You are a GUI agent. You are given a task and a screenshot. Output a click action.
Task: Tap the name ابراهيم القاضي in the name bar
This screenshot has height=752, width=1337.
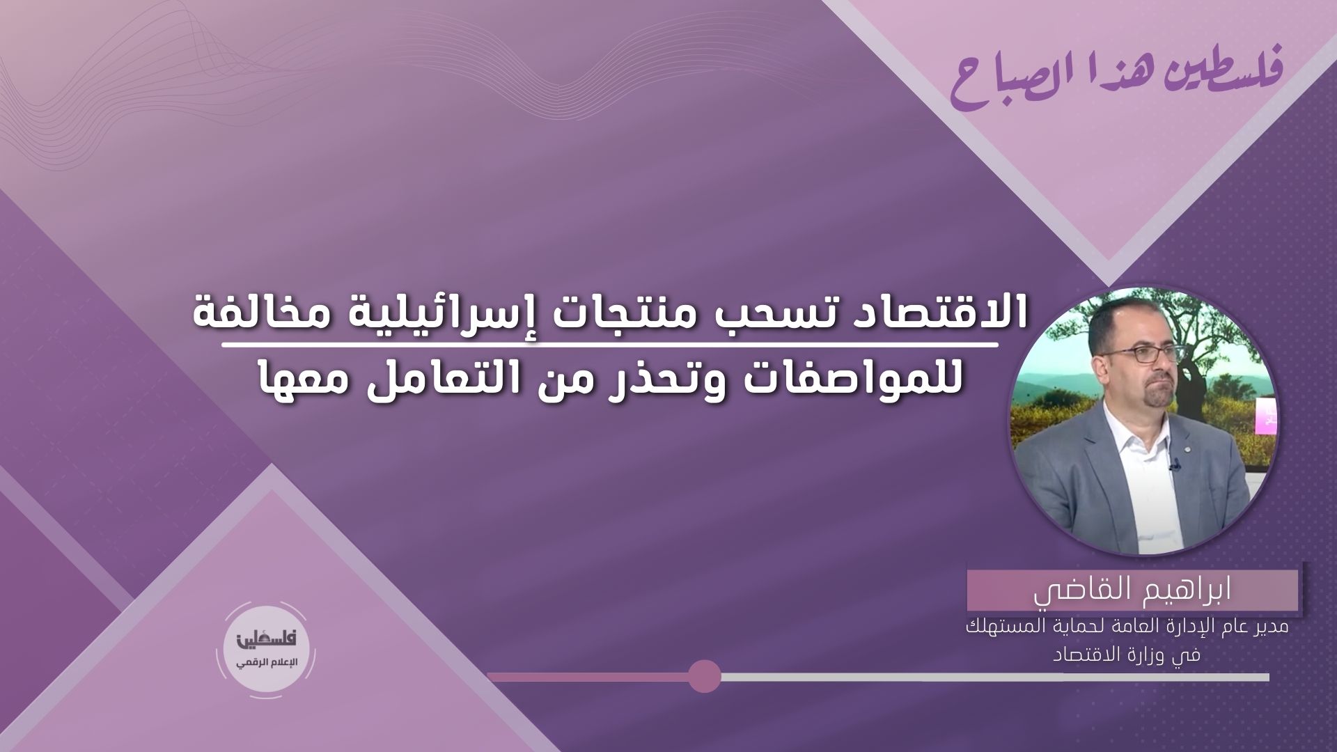click(1132, 592)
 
